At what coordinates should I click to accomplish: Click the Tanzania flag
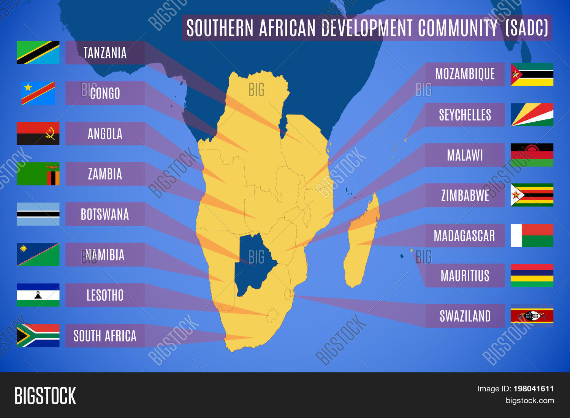(x=38, y=52)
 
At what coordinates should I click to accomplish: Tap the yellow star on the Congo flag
(x=28, y=87)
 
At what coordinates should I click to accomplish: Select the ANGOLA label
(x=105, y=134)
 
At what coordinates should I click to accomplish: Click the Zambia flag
(x=38, y=174)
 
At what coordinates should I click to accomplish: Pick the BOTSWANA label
(x=105, y=214)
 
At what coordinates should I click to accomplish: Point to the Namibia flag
(x=38, y=254)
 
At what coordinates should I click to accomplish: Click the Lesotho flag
(x=38, y=295)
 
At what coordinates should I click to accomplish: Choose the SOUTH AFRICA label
(x=105, y=335)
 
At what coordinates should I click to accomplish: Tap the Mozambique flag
(x=532, y=74)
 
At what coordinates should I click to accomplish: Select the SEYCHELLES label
(x=465, y=115)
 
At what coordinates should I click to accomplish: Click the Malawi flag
(x=532, y=155)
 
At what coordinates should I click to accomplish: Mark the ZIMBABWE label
(x=465, y=195)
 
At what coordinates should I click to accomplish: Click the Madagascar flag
(x=532, y=235)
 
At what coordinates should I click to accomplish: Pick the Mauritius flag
(x=532, y=276)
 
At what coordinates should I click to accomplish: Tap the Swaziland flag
(x=532, y=316)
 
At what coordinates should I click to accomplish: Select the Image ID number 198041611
(x=534, y=389)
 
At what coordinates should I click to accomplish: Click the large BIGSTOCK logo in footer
(x=45, y=396)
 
